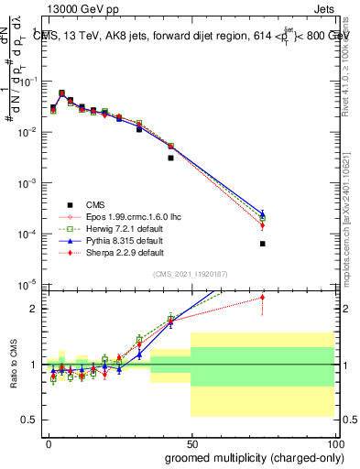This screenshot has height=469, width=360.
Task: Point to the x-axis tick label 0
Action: [48, 442]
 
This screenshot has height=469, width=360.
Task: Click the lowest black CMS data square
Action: [262, 244]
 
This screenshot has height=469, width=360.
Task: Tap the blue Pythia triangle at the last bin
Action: [262, 213]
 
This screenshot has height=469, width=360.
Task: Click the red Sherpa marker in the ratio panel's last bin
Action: [262, 297]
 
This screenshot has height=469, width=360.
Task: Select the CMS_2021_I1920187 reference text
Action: [190, 273]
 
